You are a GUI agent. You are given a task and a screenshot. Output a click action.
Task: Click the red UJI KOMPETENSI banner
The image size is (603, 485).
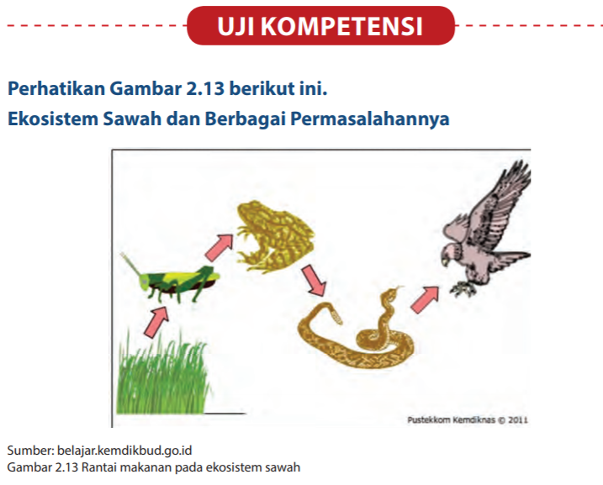pos(320,26)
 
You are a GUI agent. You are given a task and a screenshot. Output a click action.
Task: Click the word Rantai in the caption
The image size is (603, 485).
pos(104,467)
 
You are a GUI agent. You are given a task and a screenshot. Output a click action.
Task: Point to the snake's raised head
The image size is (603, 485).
pos(391,296)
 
